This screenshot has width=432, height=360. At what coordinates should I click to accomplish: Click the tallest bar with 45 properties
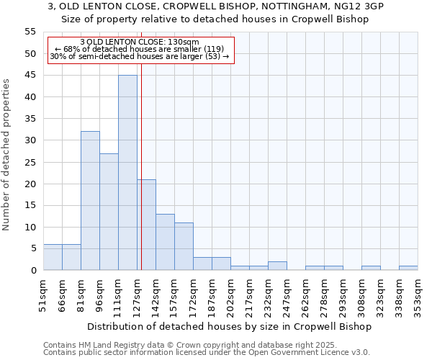pos(127,173)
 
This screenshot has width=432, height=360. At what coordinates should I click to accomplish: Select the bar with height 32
pos(90,201)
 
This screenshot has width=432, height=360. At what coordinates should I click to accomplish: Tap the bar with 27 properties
pos(109,212)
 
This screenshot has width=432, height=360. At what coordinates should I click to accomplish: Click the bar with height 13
pos(165,242)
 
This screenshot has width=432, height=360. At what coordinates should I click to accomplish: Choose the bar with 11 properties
pos(184,246)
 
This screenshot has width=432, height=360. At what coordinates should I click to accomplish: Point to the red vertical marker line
pos(142,144)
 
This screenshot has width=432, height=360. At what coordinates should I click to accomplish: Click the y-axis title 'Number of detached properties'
pos(7,155)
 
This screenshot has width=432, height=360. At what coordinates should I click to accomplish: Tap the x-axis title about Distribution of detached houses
pos(230,327)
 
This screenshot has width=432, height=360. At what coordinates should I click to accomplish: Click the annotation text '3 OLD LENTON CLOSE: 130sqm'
pos(140,42)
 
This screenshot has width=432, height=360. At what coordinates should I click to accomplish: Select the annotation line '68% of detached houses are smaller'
pos(140,49)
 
